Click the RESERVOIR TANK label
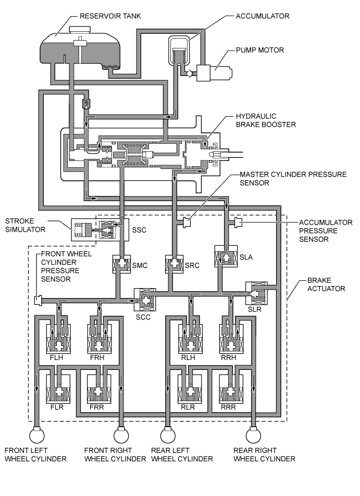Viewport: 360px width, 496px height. [110, 16]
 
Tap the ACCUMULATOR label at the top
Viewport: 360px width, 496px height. [262, 16]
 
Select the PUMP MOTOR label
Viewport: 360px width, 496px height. [260, 50]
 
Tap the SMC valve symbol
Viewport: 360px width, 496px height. [121, 264]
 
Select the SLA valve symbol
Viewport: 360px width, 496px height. [226, 256]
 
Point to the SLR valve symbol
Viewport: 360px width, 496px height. [256, 293]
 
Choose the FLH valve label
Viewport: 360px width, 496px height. [57, 357]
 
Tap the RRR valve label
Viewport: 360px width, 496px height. [228, 407]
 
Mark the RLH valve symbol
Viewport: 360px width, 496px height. [191, 339]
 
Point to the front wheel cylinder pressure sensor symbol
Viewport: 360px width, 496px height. [38, 300]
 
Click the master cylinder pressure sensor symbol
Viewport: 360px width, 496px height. [187, 222]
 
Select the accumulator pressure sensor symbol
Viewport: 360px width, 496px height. [238, 222]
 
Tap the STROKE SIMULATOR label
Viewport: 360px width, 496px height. [26, 225]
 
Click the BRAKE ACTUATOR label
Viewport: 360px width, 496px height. [326, 284]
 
